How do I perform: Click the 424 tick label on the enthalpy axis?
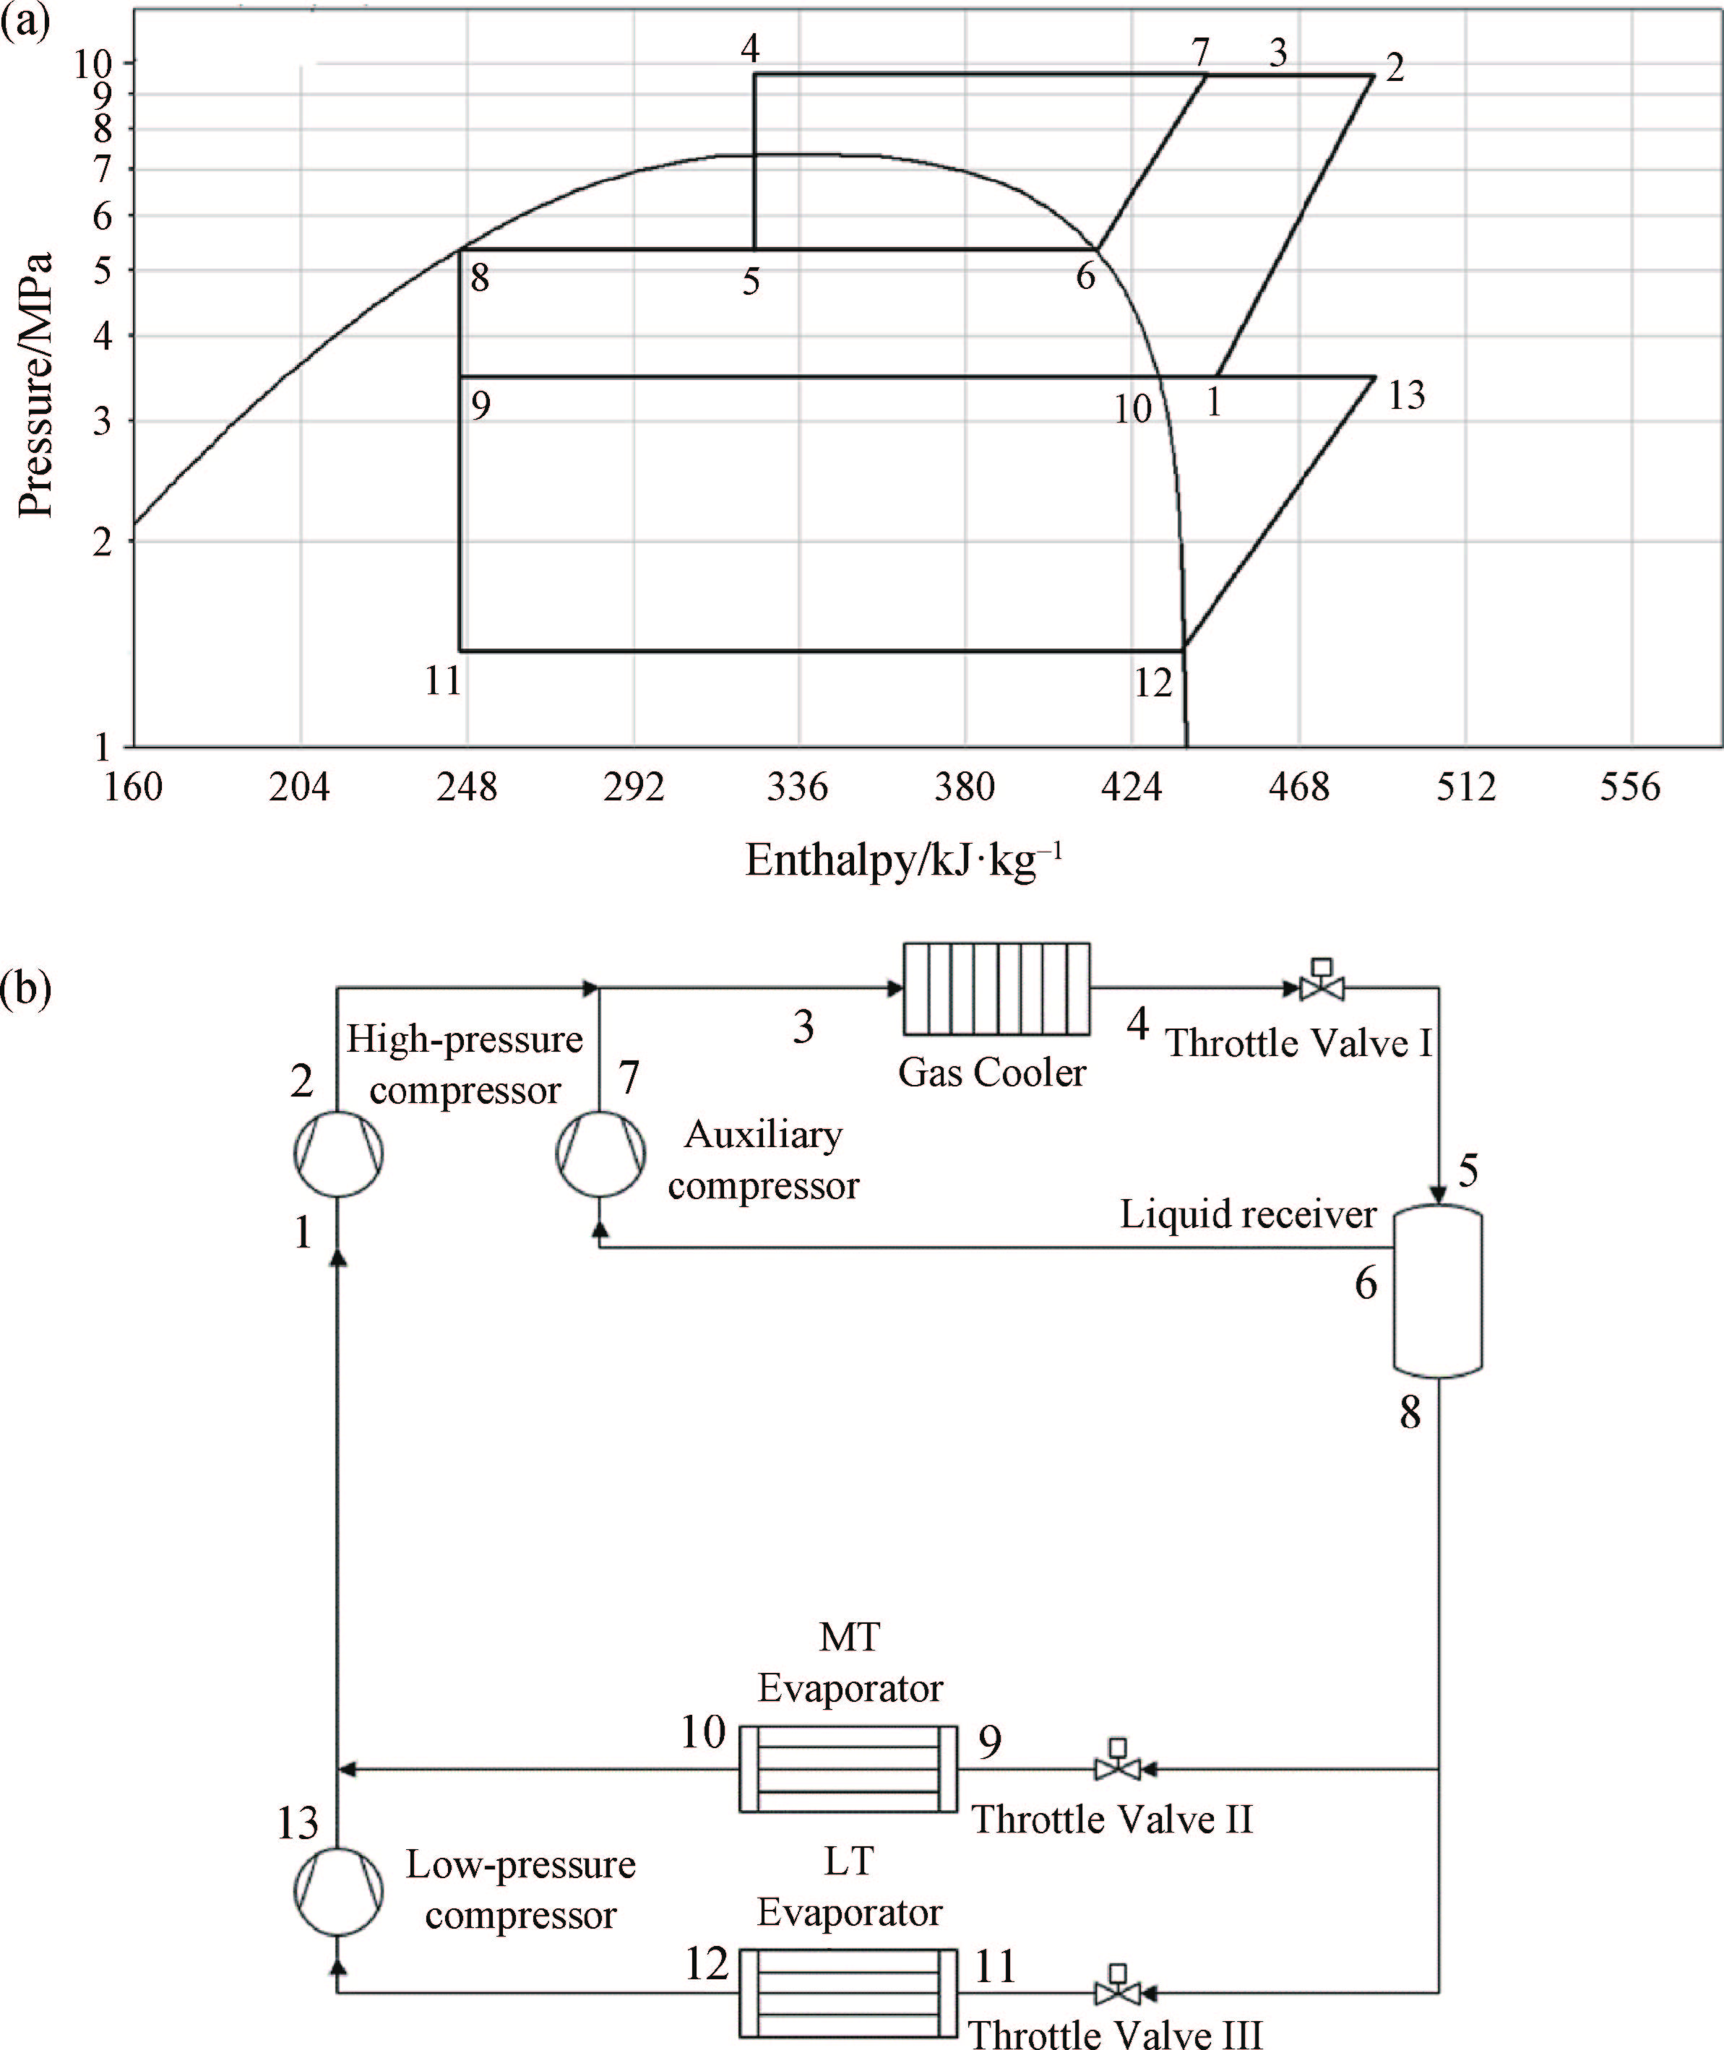pyautogui.click(x=1131, y=787)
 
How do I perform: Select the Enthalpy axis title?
pyautogui.click(x=903, y=861)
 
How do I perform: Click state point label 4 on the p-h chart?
pyautogui.click(x=749, y=48)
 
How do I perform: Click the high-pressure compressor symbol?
pyautogui.click(x=338, y=1154)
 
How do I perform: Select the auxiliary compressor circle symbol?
pyautogui.click(x=600, y=1154)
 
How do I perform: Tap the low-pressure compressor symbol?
pyautogui.click(x=338, y=1892)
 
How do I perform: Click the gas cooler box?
pyautogui.click(x=996, y=988)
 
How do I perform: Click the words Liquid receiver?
pyautogui.click(x=1247, y=1214)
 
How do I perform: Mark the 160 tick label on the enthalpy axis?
pyautogui.click(x=133, y=787)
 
